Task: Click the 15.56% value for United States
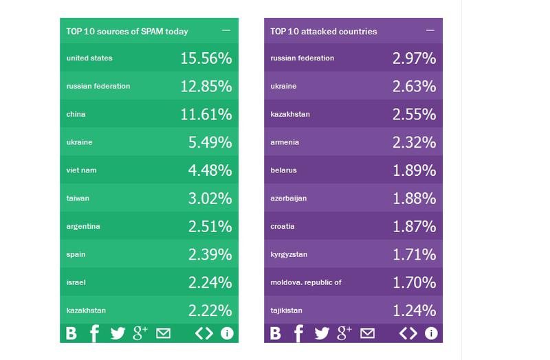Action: pyautogui.click(x=206, y=58)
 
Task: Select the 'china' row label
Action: pyautogui.click(x=76, y=114)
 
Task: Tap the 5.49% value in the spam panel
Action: pyautogui.click(x=210, y=142)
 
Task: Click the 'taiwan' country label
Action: pyautogui.click(x=78, y=199)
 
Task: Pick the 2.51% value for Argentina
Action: pyautogui.click(x=210, y=227)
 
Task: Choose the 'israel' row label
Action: pyautogui.click(x=76, y=282)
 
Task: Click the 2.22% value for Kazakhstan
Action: pyautogui.click(x=210, y=311)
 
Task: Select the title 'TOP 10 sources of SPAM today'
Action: pyautogui.click(x=126, y=31)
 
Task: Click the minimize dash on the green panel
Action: pyautogui.click(x=226, y=31)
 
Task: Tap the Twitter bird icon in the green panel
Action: pyautogui.click(x=118, y=334)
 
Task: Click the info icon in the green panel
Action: pyautogui.click(x=227, y=334)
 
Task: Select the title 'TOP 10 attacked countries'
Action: pyautogui.click(x=323, y=31)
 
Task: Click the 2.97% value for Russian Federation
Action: pyautogui.click(x=414, y=58)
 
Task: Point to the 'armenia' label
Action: pyautogui.click(x=285, y=142)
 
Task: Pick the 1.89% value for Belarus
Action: pyautogui.click(x=414, y=170)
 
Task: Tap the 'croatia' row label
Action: pyautogui.click(x=283, y=226)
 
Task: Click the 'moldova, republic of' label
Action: pyautogui.click(x=306, y=282)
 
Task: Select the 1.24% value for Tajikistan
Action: pyautogui.click(x=414, y=311)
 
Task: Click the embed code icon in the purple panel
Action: pyautogui.click(x=408, y=334)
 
